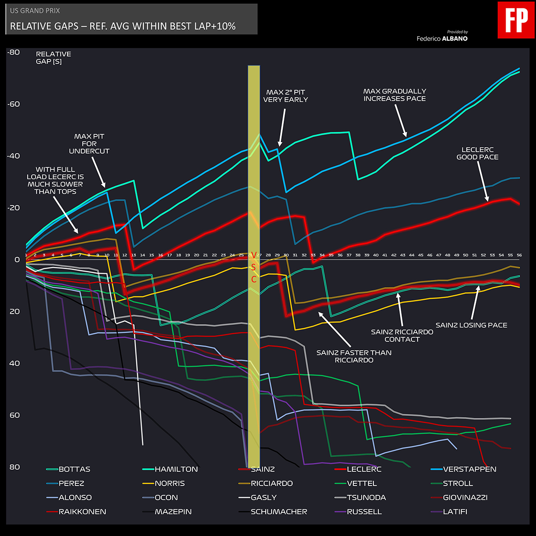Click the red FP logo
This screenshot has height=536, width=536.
(x=516, y=20)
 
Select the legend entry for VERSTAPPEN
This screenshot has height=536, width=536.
(x=469, y=469)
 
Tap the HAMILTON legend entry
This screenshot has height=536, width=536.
(x=176, y=469)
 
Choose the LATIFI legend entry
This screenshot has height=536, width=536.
(x=455, y=511)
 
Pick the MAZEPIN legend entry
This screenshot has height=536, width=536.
(x=173, y=511)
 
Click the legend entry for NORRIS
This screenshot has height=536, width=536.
(x=169, y=483)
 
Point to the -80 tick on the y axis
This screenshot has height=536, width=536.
(x=14, y=52)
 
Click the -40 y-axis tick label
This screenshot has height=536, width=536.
(x=14, y=156)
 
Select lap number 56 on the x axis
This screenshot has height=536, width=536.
(x=519, y=255)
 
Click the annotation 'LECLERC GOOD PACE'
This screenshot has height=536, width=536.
(x=477, y=153)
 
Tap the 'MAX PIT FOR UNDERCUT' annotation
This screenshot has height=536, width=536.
(x=89, y=143)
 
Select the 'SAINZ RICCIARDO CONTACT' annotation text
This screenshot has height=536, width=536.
(x=402, y=335)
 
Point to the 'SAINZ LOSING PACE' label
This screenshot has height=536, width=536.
(x=471, y=325)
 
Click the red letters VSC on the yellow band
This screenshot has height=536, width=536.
(x=254, y=267)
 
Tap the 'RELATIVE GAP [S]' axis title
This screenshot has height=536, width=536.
(x=53, y=58)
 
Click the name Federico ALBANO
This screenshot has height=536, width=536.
(x=442, y=38)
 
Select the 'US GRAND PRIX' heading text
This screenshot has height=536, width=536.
(x=35, y=11)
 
